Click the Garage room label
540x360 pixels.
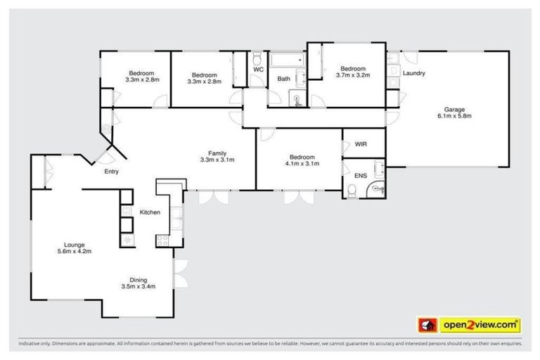coord(453,109)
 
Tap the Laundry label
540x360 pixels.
coord(413,72)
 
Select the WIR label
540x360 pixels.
coord(361,143)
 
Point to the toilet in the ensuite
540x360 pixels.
coord(352,188)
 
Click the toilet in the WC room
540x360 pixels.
coord(258,58)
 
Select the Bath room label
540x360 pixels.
coord(283,79)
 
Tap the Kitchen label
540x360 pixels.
coord(150,212)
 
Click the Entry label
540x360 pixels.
coord(111,172)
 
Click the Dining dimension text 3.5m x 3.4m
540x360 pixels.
coord(138,286)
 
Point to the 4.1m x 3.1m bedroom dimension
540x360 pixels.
coord(302,164)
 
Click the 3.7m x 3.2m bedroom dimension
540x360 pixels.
coord(353,75)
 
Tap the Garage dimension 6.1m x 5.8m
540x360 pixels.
coord(453,117)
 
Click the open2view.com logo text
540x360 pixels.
coord(480,325)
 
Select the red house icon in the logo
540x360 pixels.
coord(426,325)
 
